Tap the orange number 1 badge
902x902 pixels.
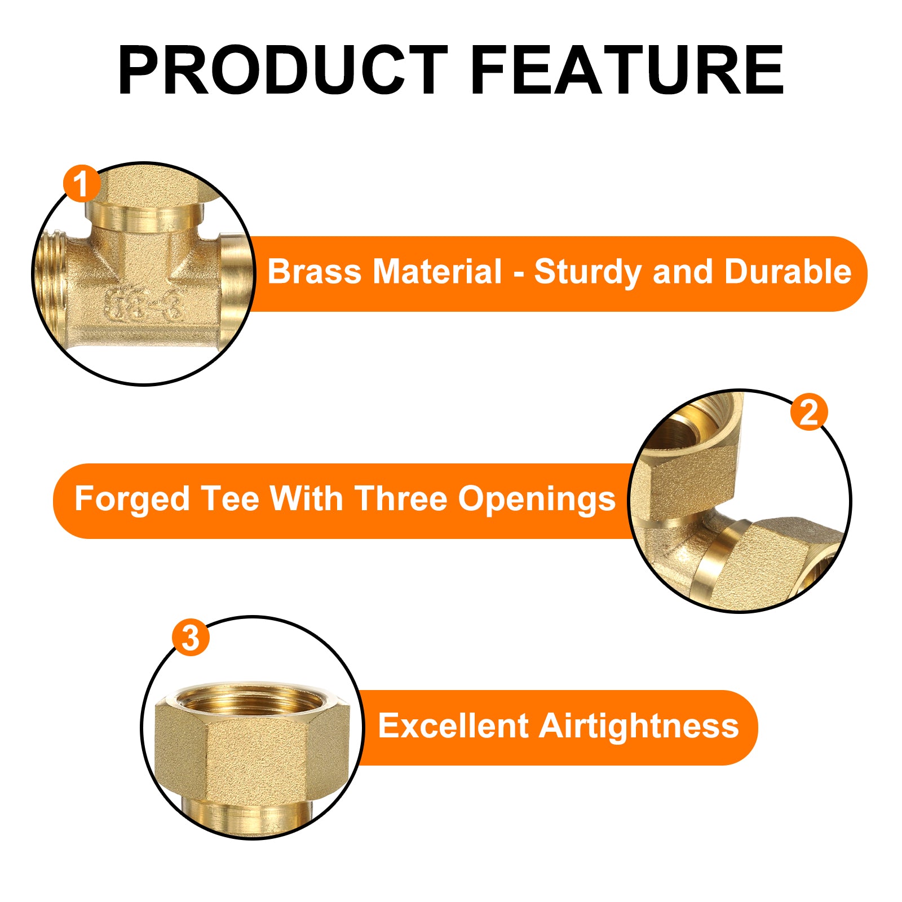coord(82,184)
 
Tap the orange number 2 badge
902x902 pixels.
coord(809,412)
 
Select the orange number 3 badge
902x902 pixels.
coord(191,638)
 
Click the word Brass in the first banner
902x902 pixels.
coord(314,272)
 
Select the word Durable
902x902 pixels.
coord(788,272)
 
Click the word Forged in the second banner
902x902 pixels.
coord(132,501)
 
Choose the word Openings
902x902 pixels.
coord(537,501)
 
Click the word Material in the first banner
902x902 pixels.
coord(437,272)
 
